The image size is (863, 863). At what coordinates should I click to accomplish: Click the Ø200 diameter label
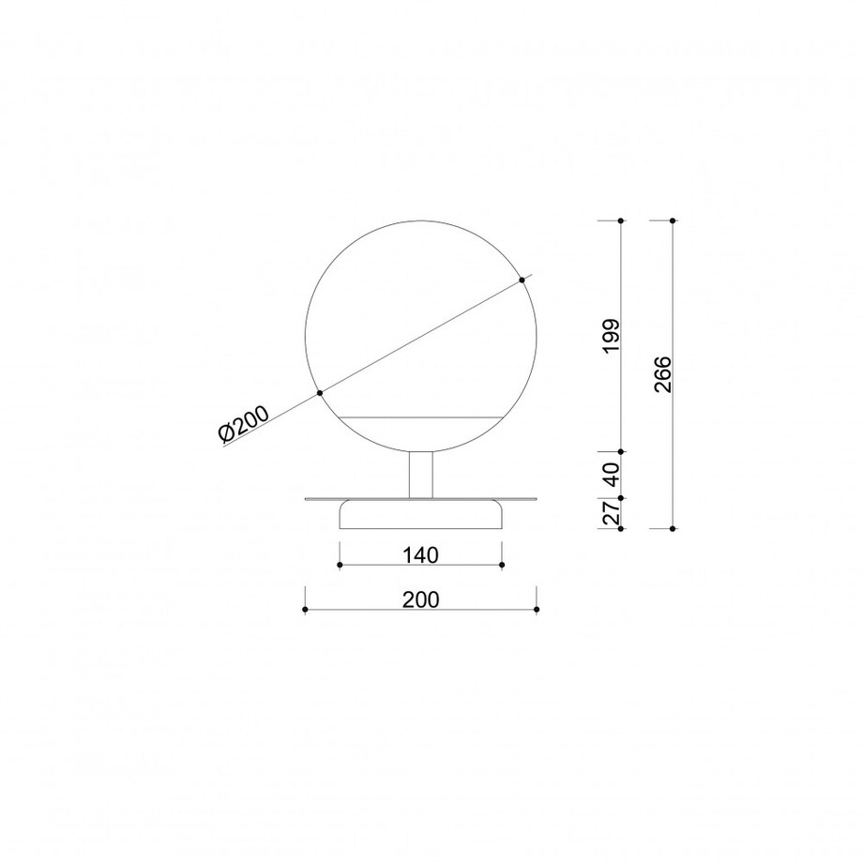244,423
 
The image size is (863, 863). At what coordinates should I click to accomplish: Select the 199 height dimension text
611,336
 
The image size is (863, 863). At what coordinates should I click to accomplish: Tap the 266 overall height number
662,374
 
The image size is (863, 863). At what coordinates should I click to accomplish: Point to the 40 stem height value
612,475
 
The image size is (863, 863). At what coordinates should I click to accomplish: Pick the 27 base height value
612,512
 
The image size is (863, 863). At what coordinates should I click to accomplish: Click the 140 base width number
420,555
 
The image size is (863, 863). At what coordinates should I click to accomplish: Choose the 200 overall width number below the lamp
421,599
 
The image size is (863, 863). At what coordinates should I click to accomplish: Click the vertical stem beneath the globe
421,475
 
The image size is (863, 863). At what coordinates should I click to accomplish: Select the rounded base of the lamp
421,514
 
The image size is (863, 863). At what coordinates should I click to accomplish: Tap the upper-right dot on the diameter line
522,280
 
